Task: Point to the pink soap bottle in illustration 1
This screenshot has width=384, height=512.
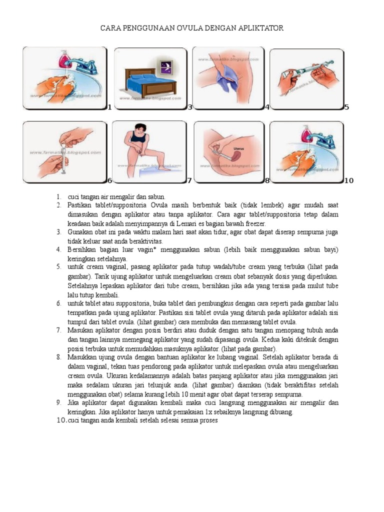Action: [64, 59]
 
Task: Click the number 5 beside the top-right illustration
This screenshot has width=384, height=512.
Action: [346, 107]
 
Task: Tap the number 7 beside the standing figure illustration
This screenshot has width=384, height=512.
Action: [189, 180]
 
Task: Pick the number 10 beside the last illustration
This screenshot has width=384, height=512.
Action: [348, 180]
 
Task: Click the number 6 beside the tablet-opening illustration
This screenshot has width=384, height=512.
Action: [109, 180]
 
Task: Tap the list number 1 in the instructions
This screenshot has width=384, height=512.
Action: [58, 197]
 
